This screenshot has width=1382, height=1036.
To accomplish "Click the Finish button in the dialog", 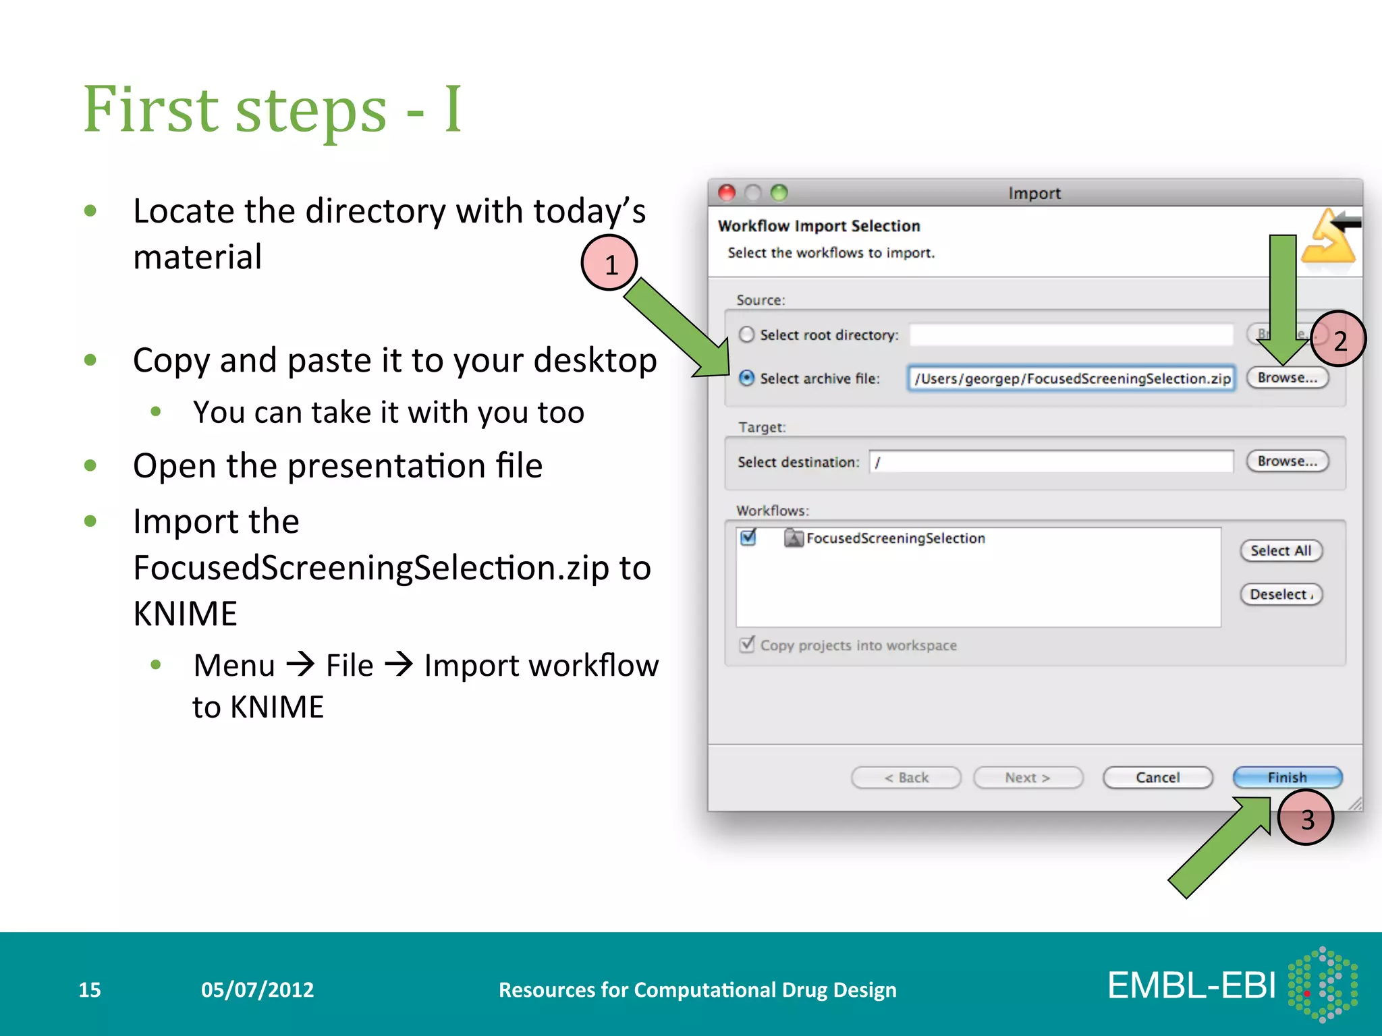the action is [x=1287, y=777].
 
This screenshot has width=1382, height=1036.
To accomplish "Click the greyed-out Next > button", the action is [x=1028, y=778].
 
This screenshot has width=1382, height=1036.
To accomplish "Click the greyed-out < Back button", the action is [x=906, y=778].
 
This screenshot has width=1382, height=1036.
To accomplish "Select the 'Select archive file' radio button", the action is [x=746, y=378].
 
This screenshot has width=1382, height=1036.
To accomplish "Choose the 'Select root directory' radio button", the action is [x=746, y=335].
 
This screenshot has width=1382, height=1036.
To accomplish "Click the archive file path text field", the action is [x=1072, y=378].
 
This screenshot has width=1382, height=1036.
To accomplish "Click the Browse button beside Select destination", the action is [x=1288, y=461].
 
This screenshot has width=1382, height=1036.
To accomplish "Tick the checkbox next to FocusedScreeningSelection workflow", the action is [x=748, y=538].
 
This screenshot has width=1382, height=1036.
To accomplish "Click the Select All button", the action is [x=1281, y=550].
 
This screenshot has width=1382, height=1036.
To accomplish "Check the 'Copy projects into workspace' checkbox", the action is [x=747, y=645].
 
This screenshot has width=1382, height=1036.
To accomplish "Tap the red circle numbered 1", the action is [x=609, y=263].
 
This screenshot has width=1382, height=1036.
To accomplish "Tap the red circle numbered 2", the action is [x=1339, y=339].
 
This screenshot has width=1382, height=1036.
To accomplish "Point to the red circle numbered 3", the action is [x=1306, y=818].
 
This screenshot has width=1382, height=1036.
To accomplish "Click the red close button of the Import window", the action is [x=727, y=193].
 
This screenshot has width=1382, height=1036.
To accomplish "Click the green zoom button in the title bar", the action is [x=779, y=193].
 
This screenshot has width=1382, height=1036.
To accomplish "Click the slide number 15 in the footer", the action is [x=90, y=989].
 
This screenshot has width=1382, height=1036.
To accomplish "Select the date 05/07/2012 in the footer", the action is [x=258, y=989].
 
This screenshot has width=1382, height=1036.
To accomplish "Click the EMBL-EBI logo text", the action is [x=1192, y=985].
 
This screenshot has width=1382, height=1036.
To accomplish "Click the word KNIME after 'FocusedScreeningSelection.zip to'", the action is [x=186, y=614].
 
